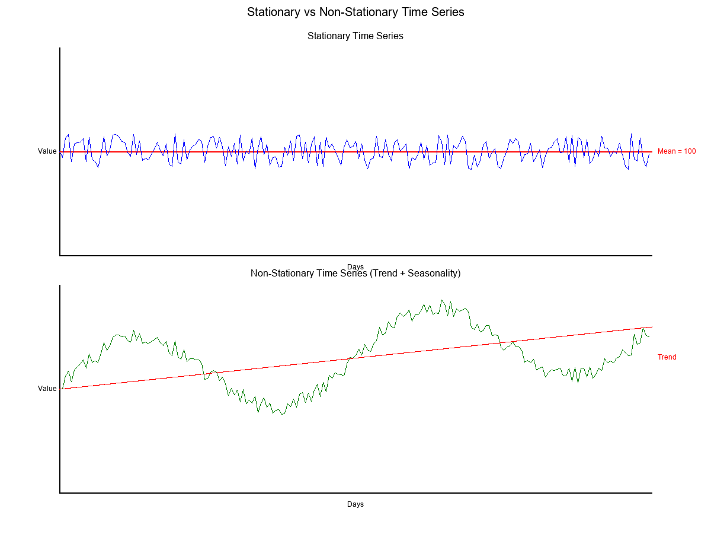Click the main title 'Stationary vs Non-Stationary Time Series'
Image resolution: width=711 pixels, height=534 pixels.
pos(355,12)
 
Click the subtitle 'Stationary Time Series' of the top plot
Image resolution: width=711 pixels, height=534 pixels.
pos(355,36)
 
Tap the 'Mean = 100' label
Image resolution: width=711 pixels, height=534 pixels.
pos(677,151)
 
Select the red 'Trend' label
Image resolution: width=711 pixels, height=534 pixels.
pos(667,357)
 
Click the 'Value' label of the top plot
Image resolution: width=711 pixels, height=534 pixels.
pos(47,151)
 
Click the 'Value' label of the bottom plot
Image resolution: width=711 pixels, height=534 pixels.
pos(47,389)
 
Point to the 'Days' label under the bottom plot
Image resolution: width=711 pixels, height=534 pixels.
pos(355,504)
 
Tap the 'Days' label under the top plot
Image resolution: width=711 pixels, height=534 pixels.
pos(355,266)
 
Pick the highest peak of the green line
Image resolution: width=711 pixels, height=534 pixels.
pos(441,300)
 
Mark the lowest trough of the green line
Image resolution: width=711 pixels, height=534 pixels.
pos(282,415)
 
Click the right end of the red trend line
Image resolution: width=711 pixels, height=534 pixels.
pos(652,327)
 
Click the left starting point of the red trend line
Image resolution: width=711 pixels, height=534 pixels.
pos(60,389)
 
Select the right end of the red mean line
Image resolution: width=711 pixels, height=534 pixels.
pos(652,152)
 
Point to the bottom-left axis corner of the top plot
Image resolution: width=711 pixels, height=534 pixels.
pos(60,255)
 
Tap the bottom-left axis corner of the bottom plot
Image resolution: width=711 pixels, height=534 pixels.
pos(60,492)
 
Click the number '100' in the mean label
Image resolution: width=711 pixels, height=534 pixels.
pos(690,151)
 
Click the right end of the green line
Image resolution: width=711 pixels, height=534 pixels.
pos(649,336)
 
